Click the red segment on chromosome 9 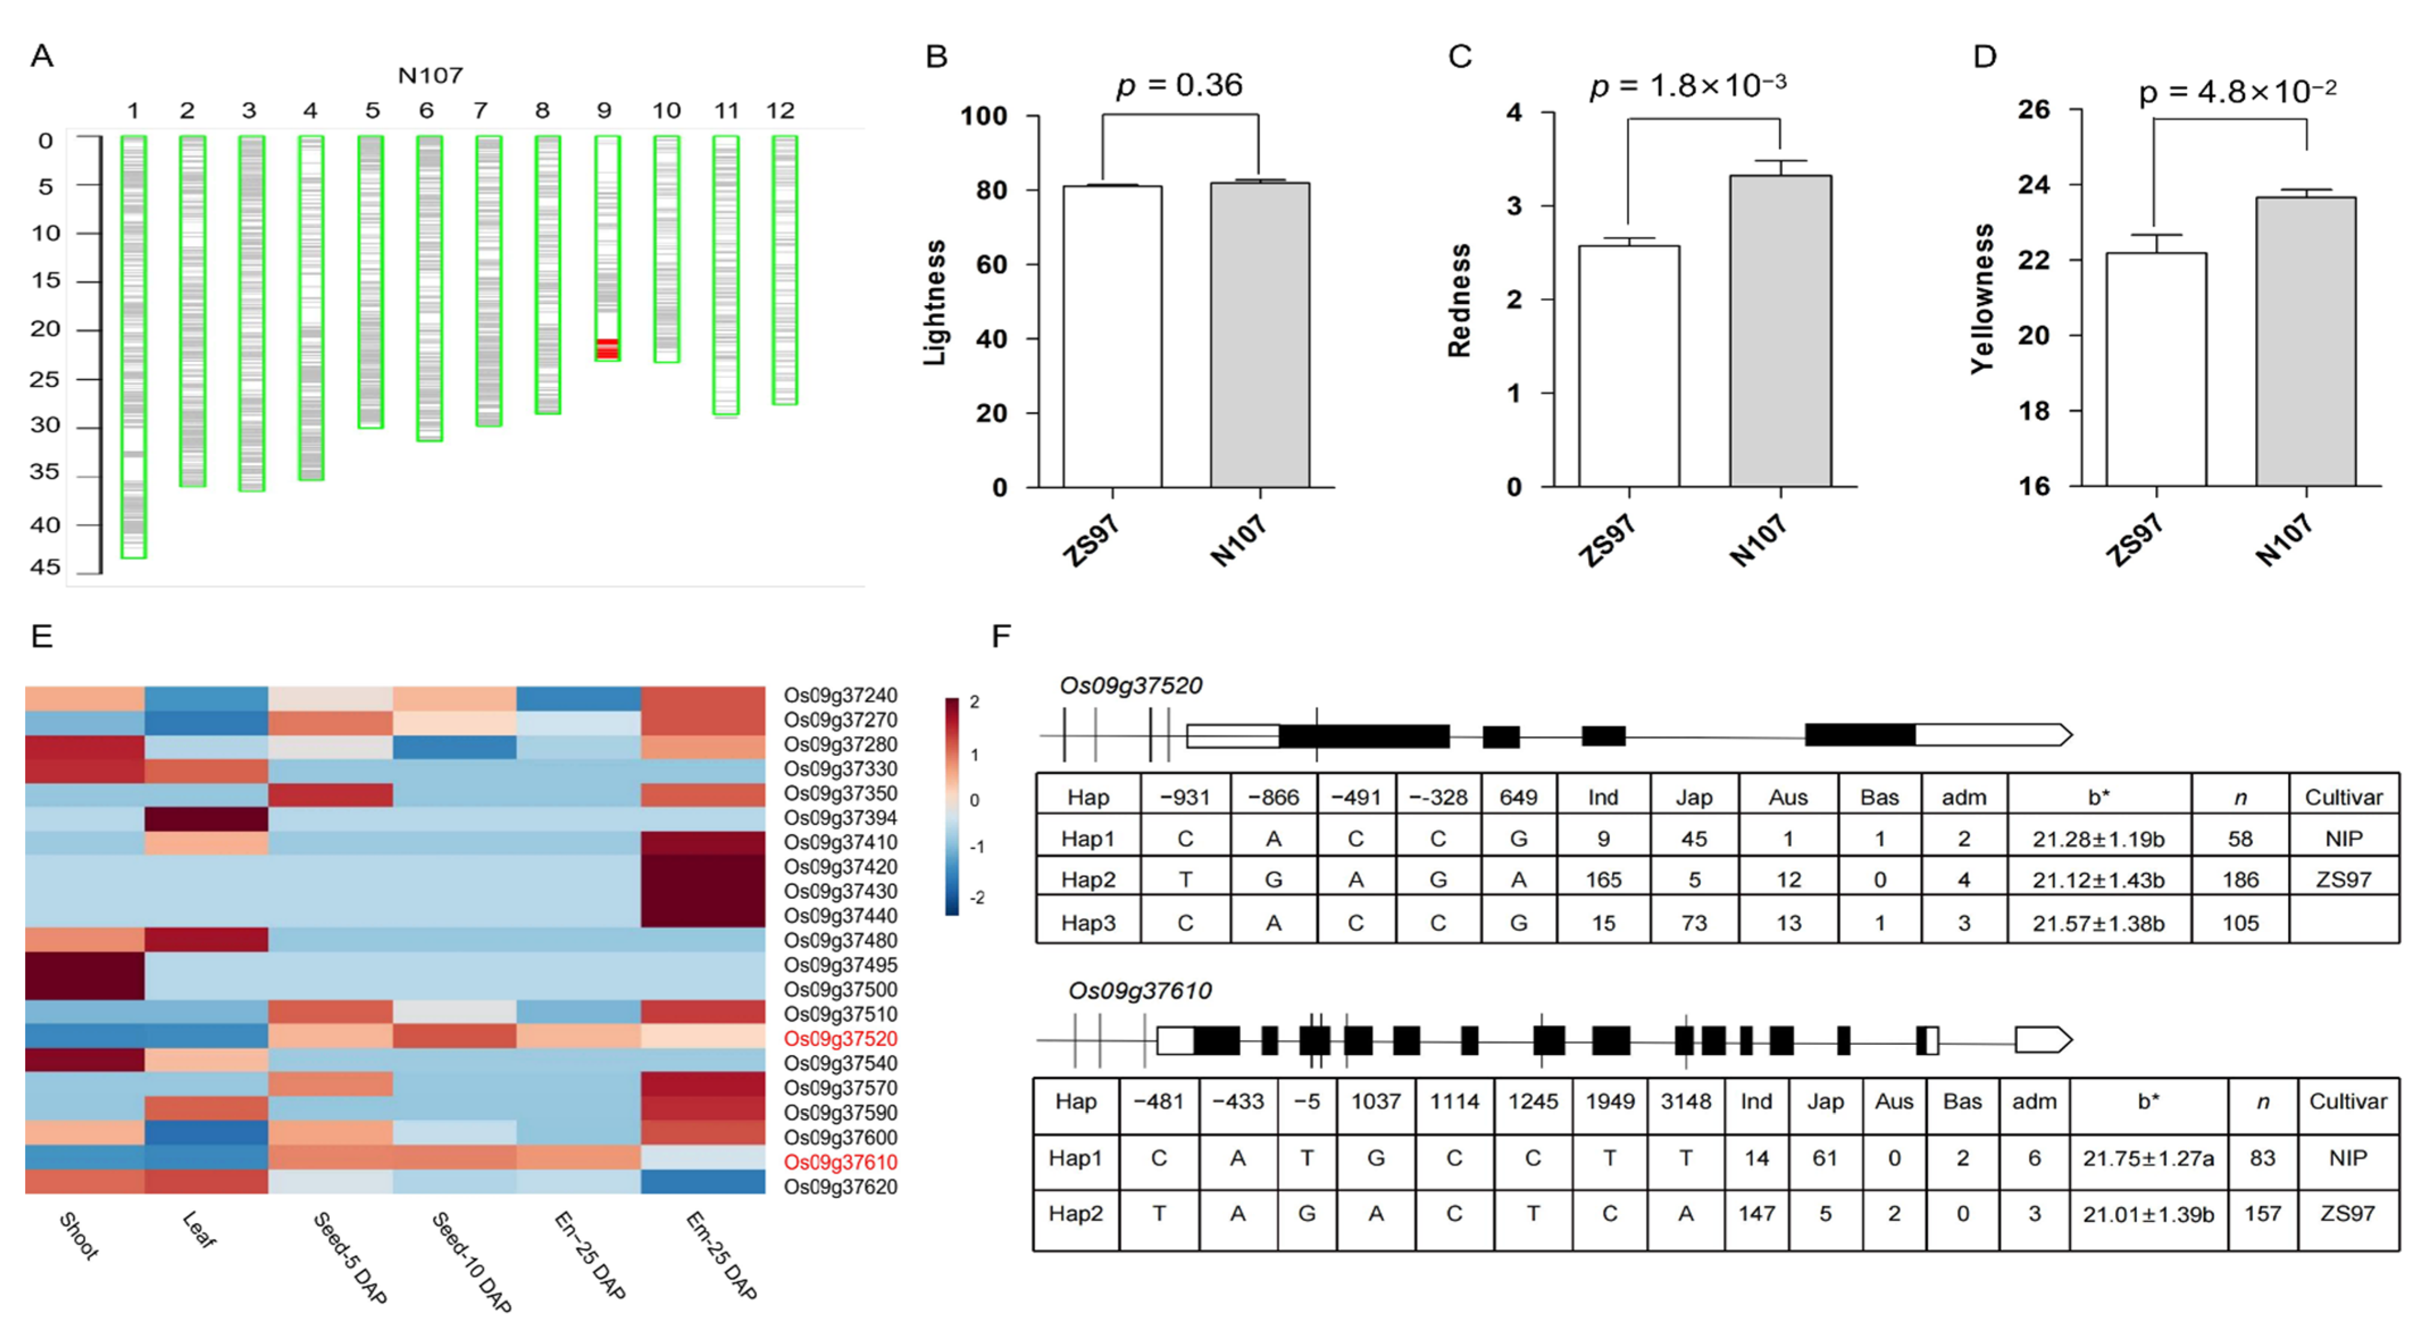(607, 348)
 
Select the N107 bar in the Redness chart (1780, 330)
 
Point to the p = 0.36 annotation (1179, 86)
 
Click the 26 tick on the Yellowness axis (2034, 110)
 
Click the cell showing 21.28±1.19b (2098, 839)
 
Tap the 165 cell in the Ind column (1603, 880)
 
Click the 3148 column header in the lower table (1685, 1102)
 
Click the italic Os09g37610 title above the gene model (1140, 991)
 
